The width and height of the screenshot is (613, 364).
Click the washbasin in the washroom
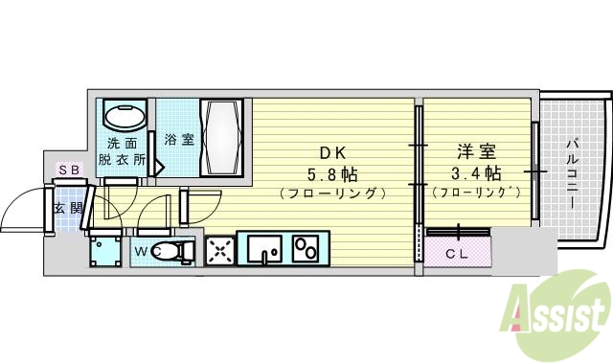(124, 118)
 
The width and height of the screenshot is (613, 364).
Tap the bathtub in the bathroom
(224, 137)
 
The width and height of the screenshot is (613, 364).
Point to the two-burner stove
(308, 250)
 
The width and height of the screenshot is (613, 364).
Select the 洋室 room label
(475, 152)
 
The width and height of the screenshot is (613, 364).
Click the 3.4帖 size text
(476, 173)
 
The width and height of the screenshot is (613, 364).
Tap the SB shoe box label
(70, 170)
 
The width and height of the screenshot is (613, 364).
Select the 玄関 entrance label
(66, 208)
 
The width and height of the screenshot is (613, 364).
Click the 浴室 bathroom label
(178, 139)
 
